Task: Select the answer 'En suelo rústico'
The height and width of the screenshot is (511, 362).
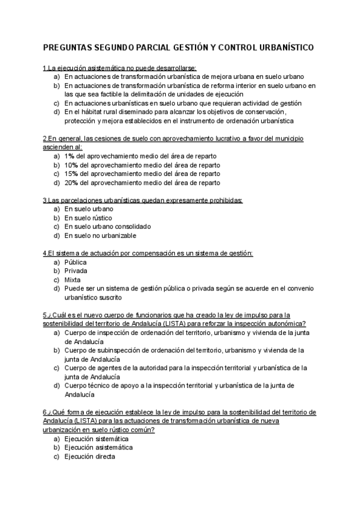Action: point(88,218)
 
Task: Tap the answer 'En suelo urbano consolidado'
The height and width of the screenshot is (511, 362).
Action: point(107,227)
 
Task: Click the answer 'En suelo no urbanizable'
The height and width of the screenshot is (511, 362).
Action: point(100,236)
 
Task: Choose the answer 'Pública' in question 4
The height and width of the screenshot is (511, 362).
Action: point(75,262)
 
